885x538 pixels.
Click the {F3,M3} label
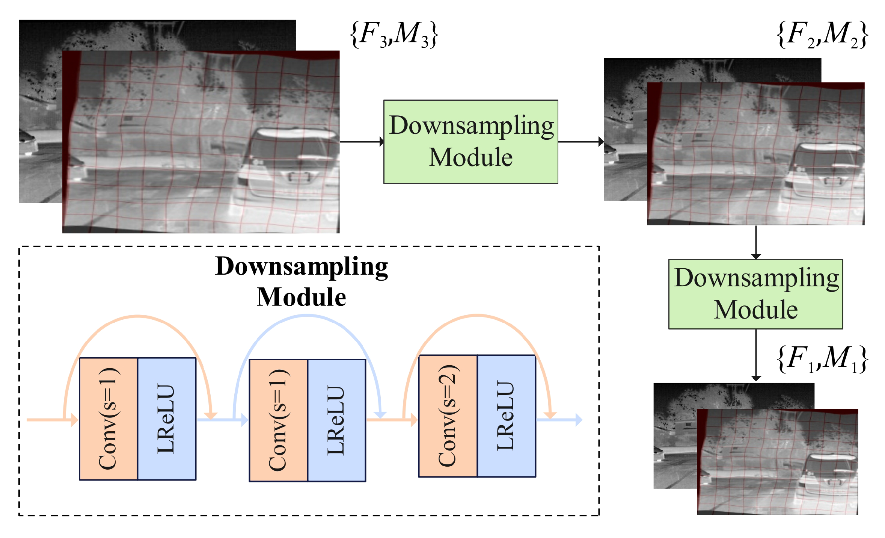tap(394, 35)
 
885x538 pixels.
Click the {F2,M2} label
tap(822, 35)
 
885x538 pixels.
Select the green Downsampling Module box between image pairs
tap(470, 142)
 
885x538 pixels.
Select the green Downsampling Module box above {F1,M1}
tap(755, 294)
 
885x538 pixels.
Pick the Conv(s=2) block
tap(448, 416)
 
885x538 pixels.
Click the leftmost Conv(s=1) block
tap(109, 419)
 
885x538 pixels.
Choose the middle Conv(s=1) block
tap(278, 420)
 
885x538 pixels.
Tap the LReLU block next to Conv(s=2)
tap(506, 416)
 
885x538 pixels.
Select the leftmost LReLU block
tap(166, 419)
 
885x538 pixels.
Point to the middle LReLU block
tap(336, 420)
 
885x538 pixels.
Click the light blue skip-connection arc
tap(307, 316)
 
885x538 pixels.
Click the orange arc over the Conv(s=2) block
tap(477, 316)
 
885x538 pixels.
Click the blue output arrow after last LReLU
tap(559, 419)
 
